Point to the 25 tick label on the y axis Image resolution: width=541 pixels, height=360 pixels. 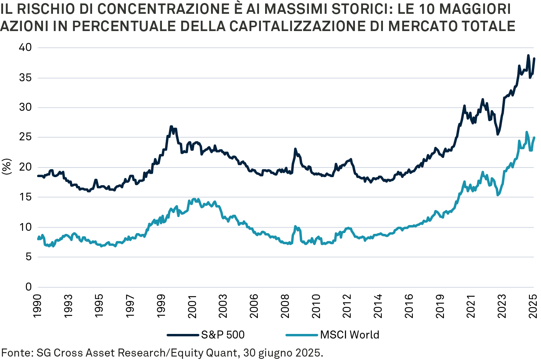pyautogui.click(x=25, y=137)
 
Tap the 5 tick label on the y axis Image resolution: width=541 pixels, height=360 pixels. pyautogui.click(x=28, y=257)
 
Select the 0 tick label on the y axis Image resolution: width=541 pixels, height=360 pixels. pyautogui.click(x=28, y=287)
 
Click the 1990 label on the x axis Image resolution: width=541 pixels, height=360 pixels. pyautogui.click(x=37, y=306)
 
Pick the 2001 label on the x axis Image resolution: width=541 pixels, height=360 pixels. pyautogui.click(x=192, y=306)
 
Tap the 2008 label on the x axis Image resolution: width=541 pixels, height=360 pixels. pyautogui.click(x=285, y=306)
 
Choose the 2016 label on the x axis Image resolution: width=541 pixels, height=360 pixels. pyautogui.click(x=409, y=306)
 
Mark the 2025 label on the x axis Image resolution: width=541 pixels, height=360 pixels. pyautogui.click(x=533, y=306)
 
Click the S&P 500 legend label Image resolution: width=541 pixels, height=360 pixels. pyautogui.click(x=223, y=335)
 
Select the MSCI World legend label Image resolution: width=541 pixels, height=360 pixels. pyautogui.click(x=350, y=335)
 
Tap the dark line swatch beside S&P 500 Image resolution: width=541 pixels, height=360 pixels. pyautogui.click(x=183, y=335)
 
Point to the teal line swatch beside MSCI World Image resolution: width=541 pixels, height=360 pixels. pyautogui.click(x=302, y=335)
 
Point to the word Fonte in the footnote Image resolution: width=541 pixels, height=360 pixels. pyautogui.click(x=16, y=352)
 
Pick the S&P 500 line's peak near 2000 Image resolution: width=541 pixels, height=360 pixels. pyautogui.click(x=171, y=126)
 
